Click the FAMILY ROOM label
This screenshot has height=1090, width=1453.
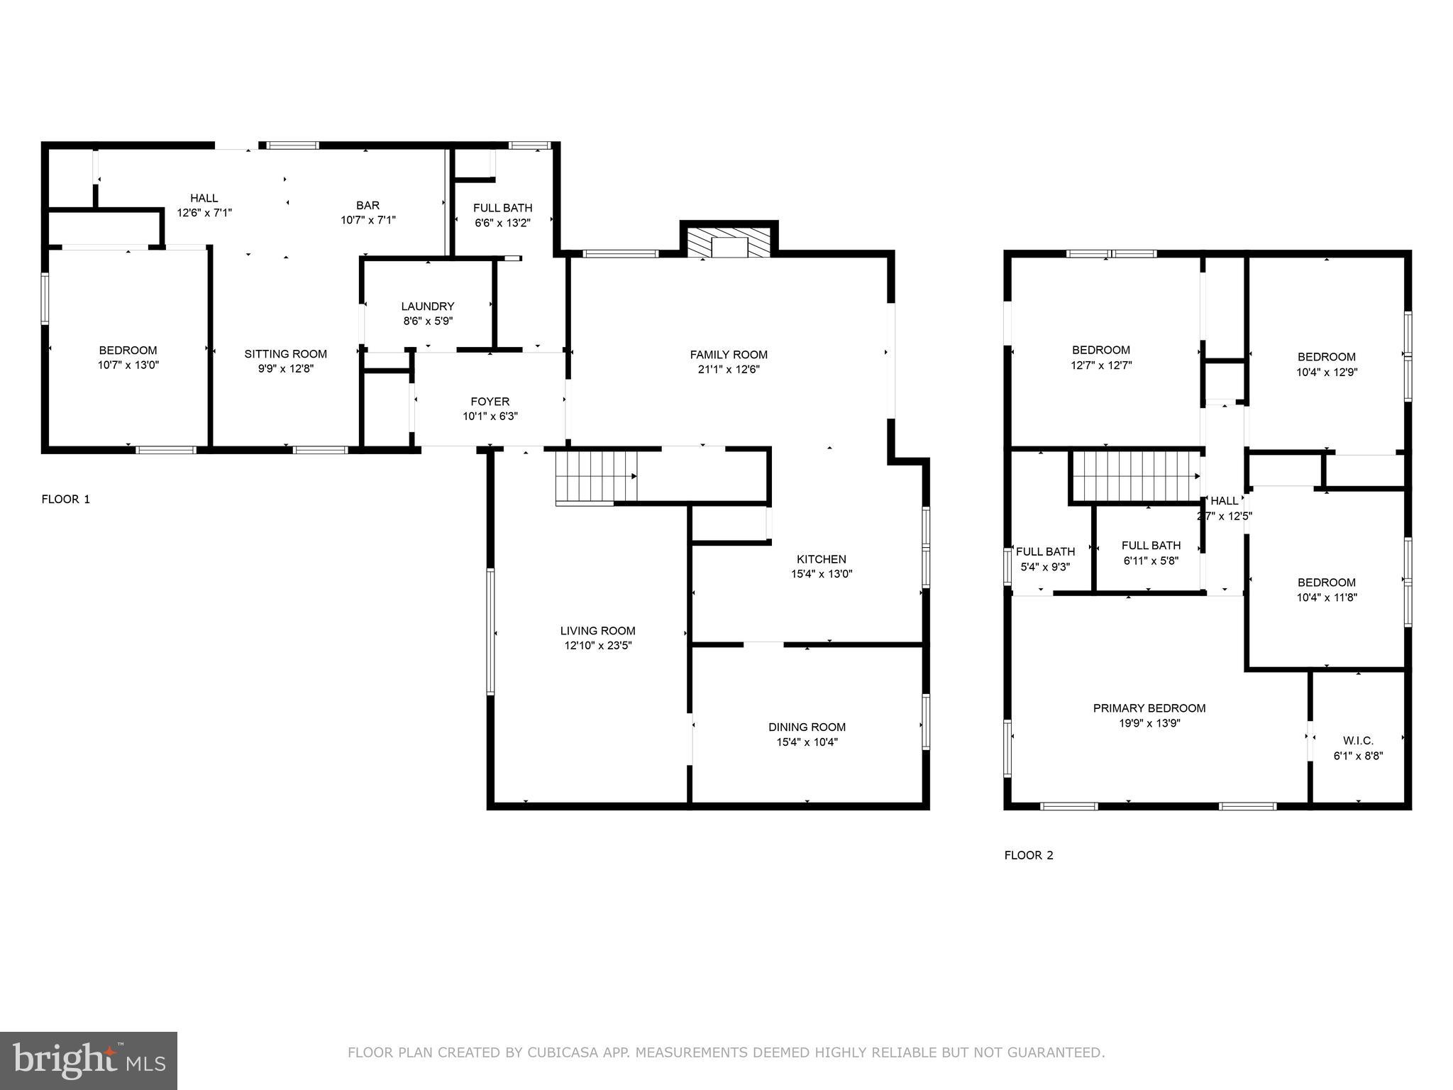click(729, 354)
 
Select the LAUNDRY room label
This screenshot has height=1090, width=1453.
click(427, 306)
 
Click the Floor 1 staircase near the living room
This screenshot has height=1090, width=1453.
click(596, 478)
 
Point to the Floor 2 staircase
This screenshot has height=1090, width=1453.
click(1135, 476)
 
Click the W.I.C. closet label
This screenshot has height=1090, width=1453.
click(1358, 741)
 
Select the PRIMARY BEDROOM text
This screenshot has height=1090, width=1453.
click(1149, 708)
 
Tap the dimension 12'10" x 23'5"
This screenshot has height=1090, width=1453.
click(597, 646)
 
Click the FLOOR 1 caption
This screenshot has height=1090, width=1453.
click(66, 499)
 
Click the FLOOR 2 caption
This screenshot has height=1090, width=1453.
click(1029, 855)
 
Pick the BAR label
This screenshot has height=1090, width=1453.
click(368, 205)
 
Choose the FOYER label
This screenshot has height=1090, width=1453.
click(490, 401)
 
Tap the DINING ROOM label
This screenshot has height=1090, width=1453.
click(807, 727)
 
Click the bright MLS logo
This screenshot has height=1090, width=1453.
click(89, 1060)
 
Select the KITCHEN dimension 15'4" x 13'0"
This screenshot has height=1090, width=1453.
click(821, 574)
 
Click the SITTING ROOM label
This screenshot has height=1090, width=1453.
click(285, 353)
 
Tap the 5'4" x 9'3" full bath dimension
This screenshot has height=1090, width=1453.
click(1045, 567)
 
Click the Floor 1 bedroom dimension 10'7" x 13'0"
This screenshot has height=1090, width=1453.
click(128, 365)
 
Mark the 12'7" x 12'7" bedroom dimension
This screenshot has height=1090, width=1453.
click(1100, 365)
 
